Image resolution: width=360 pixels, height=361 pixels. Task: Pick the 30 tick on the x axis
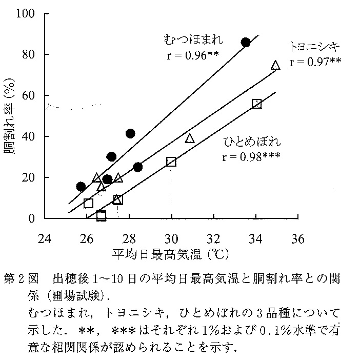click(x=171, y=238)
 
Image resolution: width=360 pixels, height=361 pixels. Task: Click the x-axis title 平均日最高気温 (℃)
click(x=172, y=253)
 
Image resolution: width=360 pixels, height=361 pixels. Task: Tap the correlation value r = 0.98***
click(x=252, y=156)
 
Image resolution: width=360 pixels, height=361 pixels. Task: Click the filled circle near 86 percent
click(x=246, y=43)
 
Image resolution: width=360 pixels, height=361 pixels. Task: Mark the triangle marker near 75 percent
click(x=275, y=65)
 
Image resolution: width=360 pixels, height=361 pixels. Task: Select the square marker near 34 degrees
click(x=257, y=104)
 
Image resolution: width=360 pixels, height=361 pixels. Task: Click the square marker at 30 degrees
click(x=171, y=162)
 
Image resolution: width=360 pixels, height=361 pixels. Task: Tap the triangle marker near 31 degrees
click(x=190, y=138)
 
